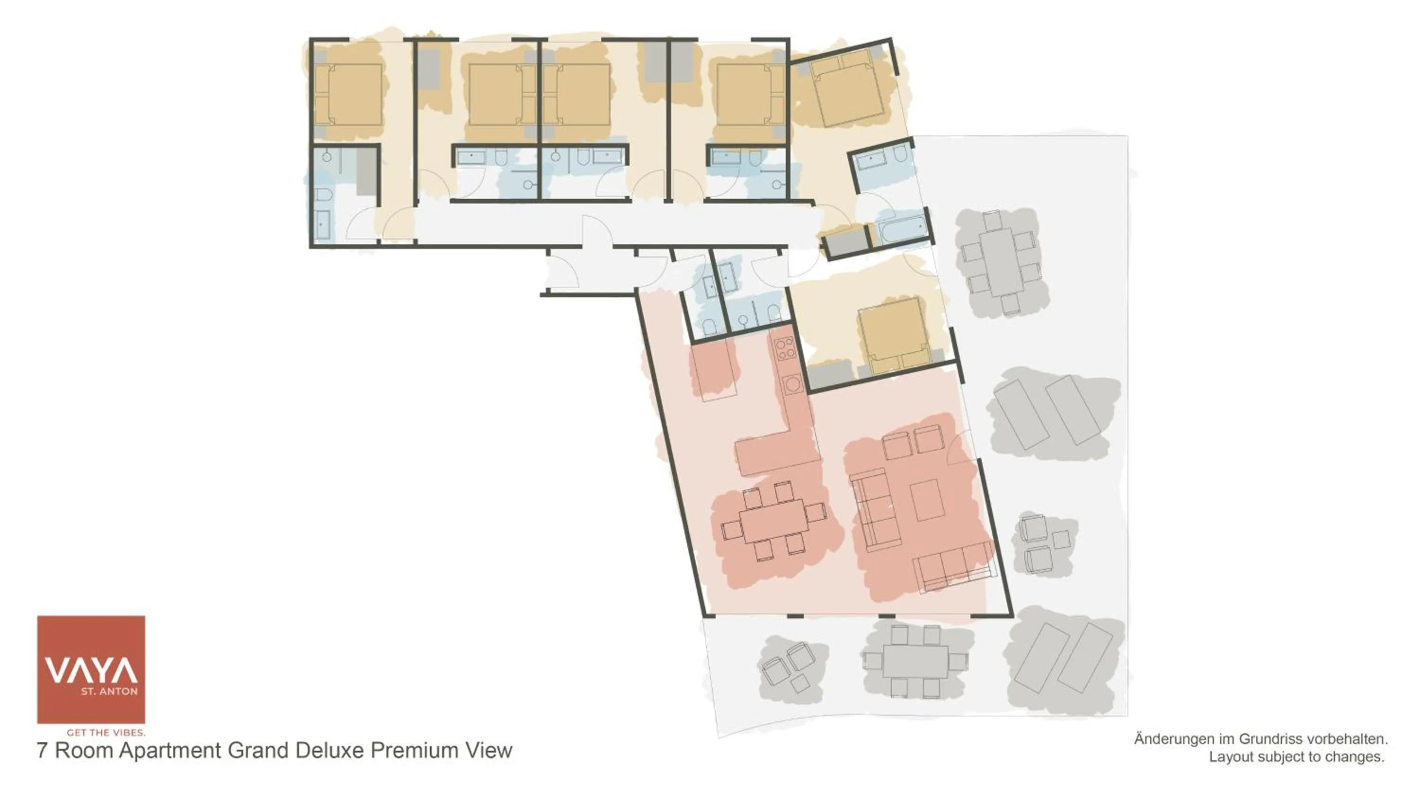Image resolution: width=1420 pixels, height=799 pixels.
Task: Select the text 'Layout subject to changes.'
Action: tap(1296, 757)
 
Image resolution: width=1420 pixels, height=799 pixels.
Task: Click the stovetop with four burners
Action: tap(784, 348)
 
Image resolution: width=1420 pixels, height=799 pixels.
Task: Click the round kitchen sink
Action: tap(793, 382)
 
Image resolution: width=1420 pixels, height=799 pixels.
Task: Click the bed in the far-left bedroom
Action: tap(348, 94)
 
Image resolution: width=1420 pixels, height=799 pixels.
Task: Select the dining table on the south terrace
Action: tap(915, 661)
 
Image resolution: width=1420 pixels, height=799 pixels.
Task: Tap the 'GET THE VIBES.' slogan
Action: tap(106, 732)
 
